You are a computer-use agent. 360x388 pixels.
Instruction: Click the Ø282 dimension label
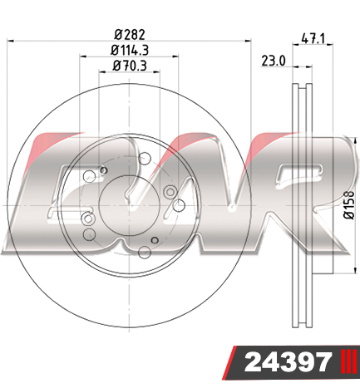click(130, 35)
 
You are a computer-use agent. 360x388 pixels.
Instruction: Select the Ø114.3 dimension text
click(130, 51)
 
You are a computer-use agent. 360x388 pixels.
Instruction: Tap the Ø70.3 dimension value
click(130, 66)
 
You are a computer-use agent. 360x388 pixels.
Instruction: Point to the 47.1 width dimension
click(313, 38)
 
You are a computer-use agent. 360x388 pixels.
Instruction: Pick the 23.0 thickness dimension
click(274, 61)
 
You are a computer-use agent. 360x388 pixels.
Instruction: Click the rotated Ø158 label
click(349, 204)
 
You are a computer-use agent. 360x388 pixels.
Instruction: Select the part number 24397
click(288, 362)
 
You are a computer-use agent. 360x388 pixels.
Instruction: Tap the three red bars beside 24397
click(349, 361)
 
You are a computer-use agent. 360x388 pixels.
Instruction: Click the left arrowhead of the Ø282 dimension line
click(10, 41)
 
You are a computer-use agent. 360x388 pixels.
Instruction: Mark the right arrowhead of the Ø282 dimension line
click(248, 41)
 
